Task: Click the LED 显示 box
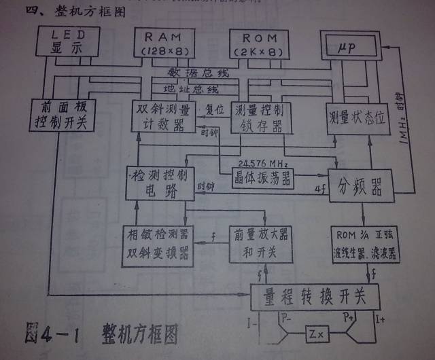point(66,43)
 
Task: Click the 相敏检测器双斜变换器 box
point(158,246)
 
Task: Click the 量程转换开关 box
point(321,296)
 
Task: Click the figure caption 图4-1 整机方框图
point(102,334)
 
